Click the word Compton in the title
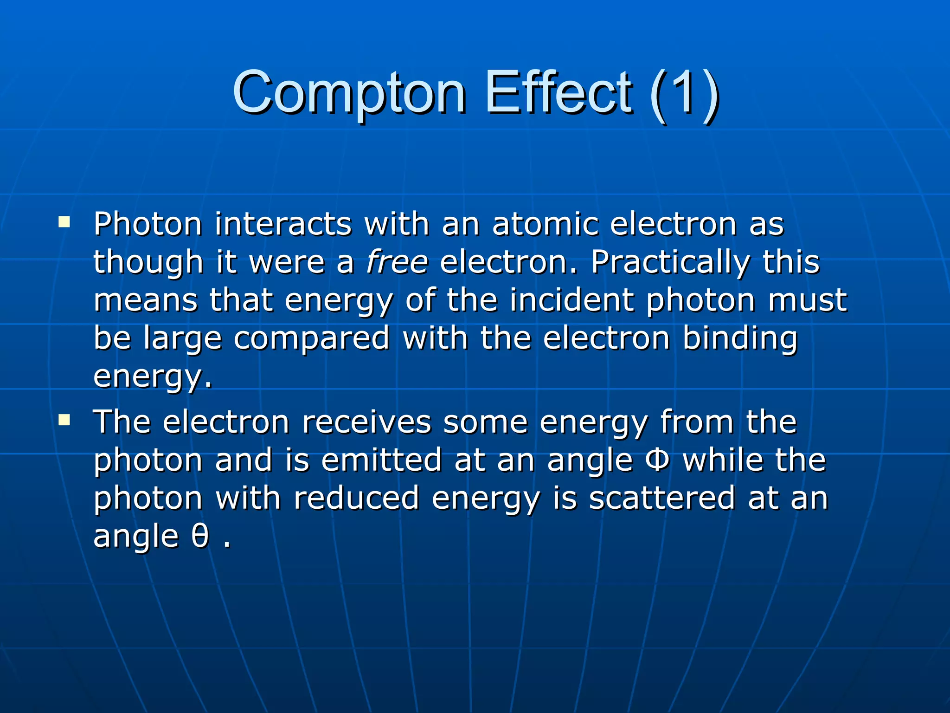pos(349,93)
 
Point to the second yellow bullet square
pos(64,420)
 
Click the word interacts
pos(283,224)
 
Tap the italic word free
pos(397,262)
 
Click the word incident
pos(571,300)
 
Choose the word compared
pos(311,339)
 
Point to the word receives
pos(366,422)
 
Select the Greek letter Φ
pos(657,460)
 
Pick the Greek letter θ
pos(200,537)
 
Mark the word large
pos(182,339)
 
